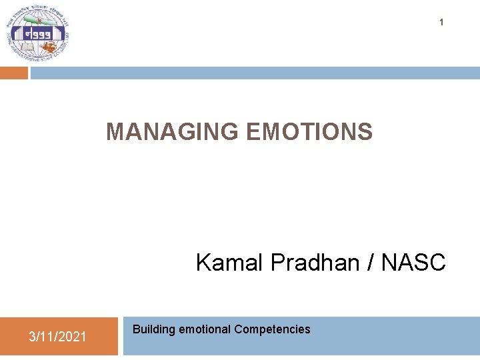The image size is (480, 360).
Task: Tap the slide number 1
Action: pos(441,23)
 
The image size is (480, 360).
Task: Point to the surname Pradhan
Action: pos(315,263)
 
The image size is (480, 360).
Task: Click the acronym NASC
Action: pos(413,263)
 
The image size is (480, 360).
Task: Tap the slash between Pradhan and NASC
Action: pos(370,263)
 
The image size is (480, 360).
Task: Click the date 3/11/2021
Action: pos(57,337)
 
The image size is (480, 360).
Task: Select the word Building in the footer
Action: pos(154,329)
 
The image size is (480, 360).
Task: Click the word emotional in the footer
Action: pos(205,329)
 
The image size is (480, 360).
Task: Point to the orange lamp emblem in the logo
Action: pos(50,47)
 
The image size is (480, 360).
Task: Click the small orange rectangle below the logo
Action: pos(14,73)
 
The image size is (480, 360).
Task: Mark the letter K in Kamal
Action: pos(203,263)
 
